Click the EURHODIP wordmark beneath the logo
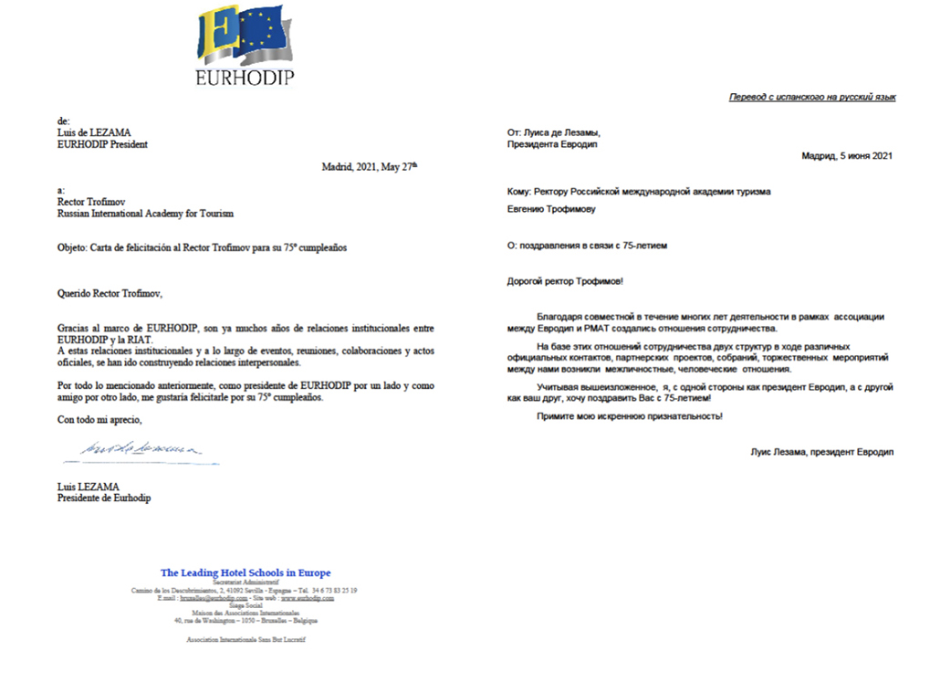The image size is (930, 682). pos(245,78)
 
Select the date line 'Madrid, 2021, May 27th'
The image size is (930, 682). pos(369,166)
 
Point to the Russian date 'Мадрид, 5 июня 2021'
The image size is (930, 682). pos(846,156)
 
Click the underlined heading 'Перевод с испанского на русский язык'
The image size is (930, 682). pos(811,97)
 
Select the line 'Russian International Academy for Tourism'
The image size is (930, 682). pos(144,214)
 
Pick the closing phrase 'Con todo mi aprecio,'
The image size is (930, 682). pos(99,420)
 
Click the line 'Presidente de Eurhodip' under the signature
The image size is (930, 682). pos(104,498)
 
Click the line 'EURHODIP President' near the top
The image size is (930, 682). pos(102,143)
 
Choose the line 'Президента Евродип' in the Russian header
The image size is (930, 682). pos(553,143)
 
